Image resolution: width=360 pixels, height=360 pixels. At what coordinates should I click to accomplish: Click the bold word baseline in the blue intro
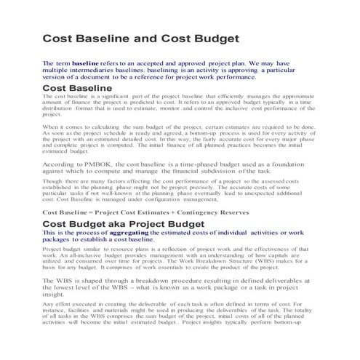84,64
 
